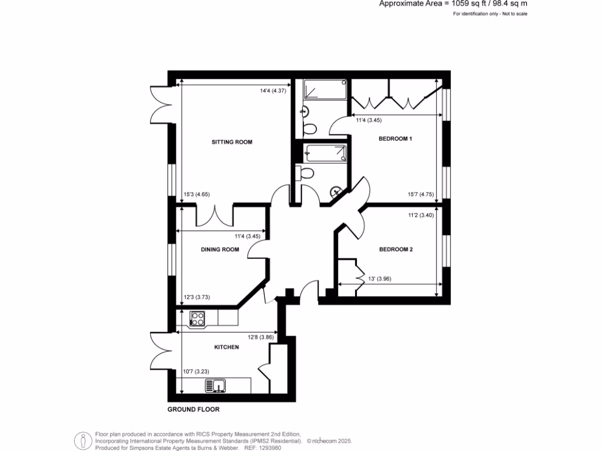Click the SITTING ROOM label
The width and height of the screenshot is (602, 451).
232,142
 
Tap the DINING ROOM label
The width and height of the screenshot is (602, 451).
220,250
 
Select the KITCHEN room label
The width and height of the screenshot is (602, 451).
226,347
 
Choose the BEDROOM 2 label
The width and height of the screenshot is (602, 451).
396,250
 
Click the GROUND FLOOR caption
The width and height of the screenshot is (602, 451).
193,409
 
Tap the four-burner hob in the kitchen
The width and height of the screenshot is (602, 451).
197,319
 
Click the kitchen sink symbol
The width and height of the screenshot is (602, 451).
216,386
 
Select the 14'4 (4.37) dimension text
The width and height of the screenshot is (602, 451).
273,90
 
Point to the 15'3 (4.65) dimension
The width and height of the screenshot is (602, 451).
197,195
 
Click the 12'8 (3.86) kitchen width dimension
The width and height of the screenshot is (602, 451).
262,337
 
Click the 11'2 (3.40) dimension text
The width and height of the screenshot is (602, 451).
420,215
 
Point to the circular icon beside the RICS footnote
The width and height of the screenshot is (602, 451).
82,440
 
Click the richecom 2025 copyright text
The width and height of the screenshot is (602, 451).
329,440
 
